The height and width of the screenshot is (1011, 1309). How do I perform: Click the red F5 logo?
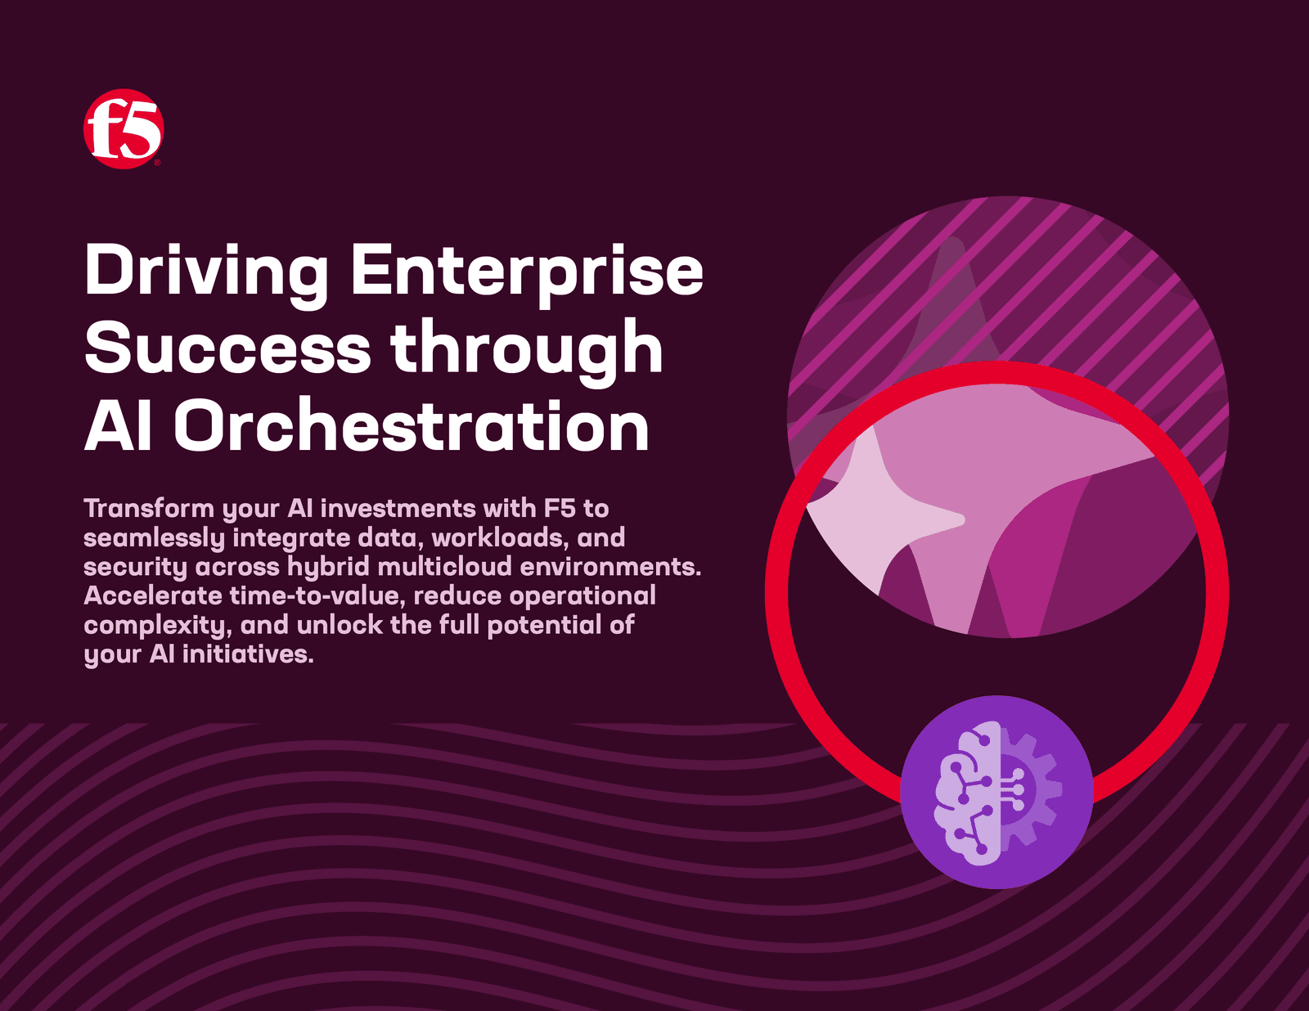pyautogui.click(x=124, y=129)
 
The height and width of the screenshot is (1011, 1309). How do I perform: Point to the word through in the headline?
pyautogui.click(x=527, y=353)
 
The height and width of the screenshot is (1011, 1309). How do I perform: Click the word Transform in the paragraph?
pyautogui.click(x=149, y=508)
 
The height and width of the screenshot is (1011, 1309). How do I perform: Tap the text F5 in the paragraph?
pyautogui.click(x=560, y=508)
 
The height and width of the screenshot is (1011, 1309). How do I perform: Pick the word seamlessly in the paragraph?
pyautogui.click(x=154, y=538)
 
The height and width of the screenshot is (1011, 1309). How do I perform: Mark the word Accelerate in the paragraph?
pyautogui.click(x=153, y=595)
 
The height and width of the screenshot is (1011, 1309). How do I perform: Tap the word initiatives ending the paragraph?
pyautogui.click(x=248, y=654)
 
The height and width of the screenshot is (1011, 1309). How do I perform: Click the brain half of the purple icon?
pyautogui.click(x=968, y=793)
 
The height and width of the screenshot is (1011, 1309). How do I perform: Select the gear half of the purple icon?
pyautogui.click(x=1031, y=793)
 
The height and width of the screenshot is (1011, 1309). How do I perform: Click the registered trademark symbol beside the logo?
pyautogui.click(x=157, y=162)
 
